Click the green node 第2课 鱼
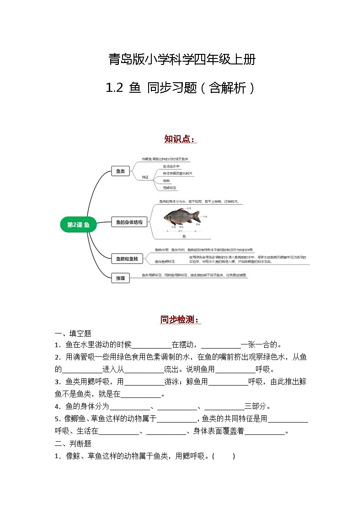[78, 224]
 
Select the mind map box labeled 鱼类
[120, 171]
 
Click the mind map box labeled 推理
[120, 277]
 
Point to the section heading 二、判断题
[73, 443]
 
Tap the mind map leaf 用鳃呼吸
[170, 188]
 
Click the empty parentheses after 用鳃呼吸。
[224, 456]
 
